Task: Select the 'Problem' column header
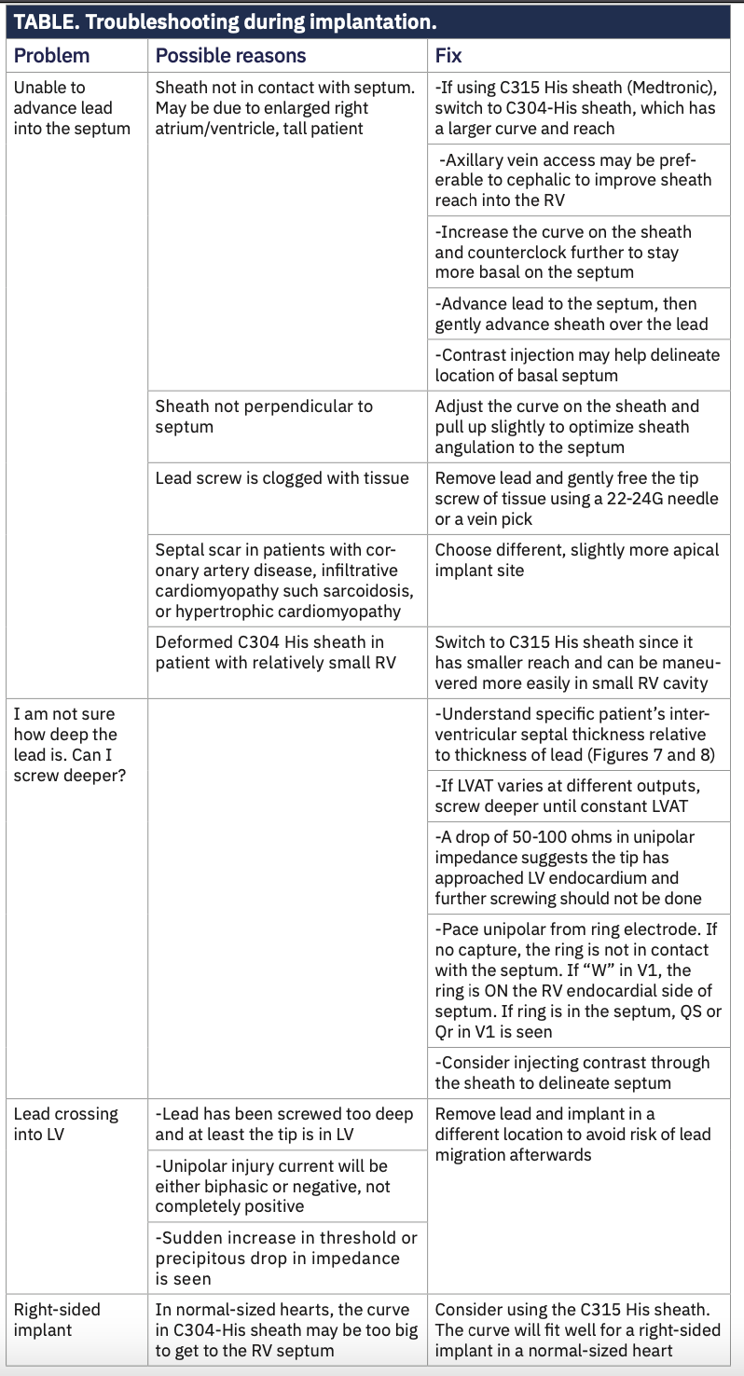51,55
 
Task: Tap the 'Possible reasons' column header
230,55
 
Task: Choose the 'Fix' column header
448,55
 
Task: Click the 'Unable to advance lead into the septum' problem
72,107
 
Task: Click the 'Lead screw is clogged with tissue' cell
282,478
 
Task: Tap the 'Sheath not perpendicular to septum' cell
264,417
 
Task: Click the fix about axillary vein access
572,180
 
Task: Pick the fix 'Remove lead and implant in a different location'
572,1134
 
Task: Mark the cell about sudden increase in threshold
285,1258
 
